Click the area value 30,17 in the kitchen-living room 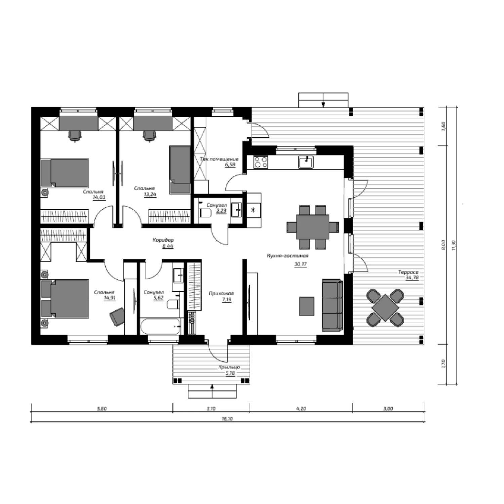pos(300,264)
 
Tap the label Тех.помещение pos(219,159)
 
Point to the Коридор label pos(163,240)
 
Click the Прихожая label pos(221,293)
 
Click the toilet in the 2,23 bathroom pos(205,213)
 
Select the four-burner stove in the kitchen pos(260,162)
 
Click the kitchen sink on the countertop pos(306,162)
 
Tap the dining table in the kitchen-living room pos(312,227)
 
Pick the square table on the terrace pos(385,307)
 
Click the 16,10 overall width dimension pos(227,419)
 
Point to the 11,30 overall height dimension pos(454,245)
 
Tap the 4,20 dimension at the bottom pos(301,409)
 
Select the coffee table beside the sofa pos(306,306)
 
